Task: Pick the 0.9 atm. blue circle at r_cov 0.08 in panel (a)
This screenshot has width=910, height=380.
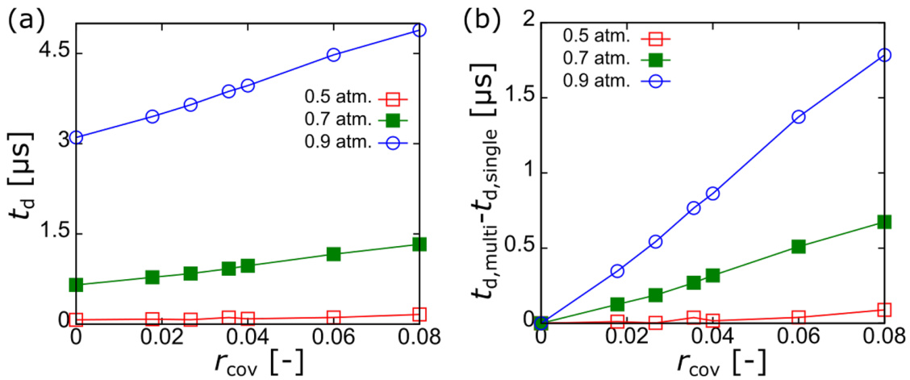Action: coord(419,30)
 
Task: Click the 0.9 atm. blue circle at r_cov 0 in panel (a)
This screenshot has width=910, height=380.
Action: coord(77,137)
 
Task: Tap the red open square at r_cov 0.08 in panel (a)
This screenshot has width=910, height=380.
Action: coord(419,314)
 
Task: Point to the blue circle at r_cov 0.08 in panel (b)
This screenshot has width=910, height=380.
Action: coord(883,55)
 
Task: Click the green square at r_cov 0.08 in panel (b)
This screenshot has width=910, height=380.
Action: coord(883,221)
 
